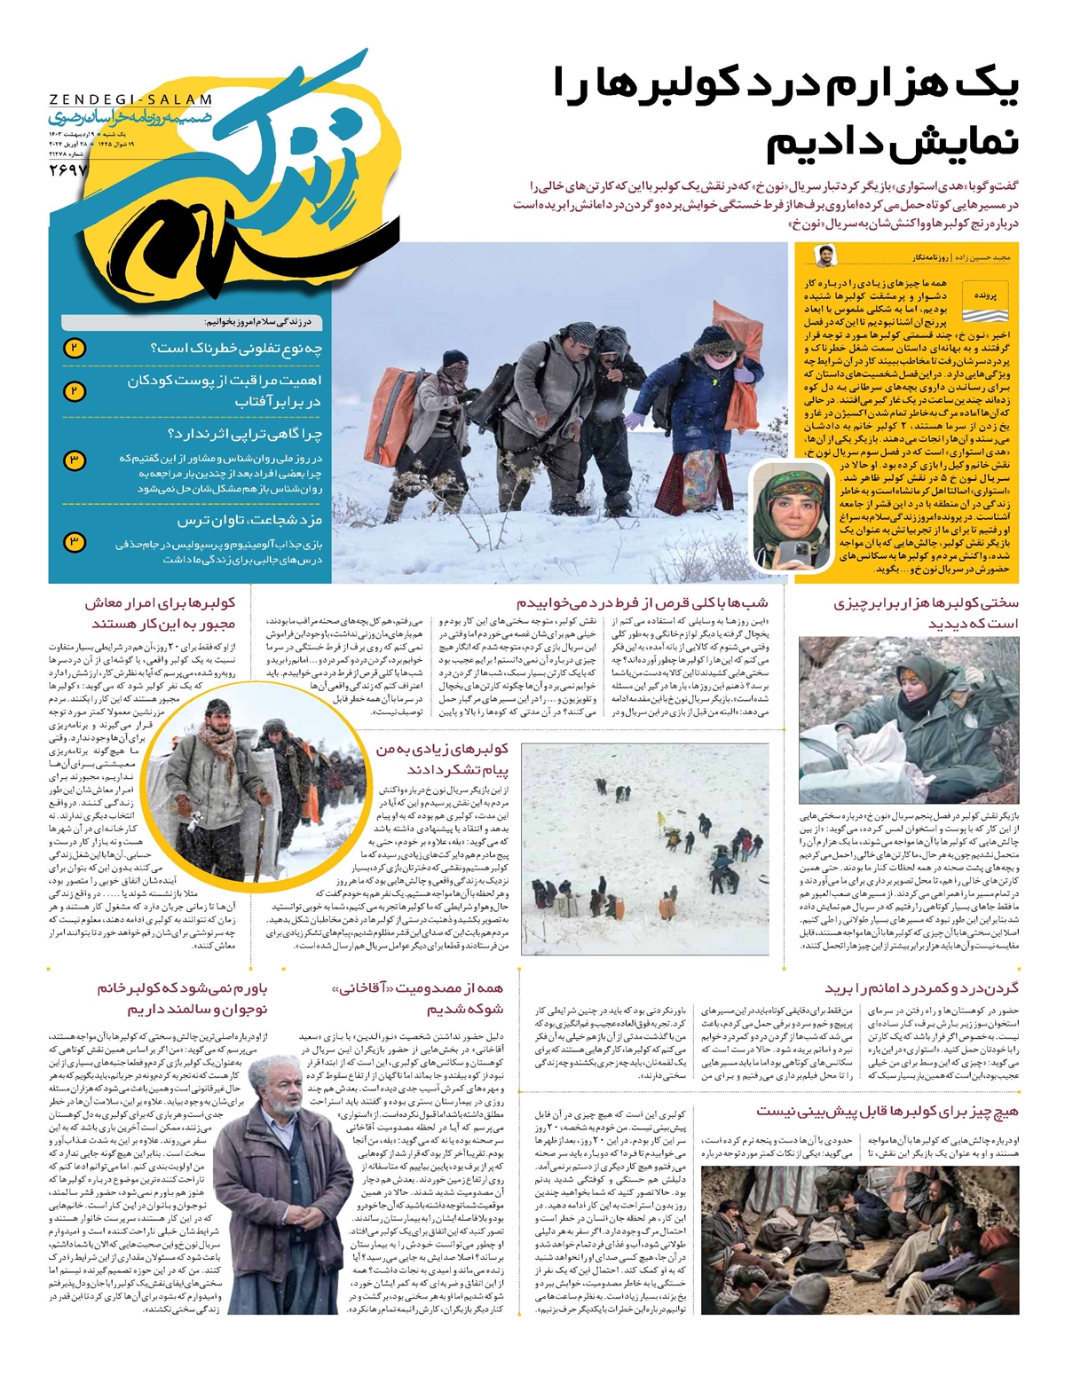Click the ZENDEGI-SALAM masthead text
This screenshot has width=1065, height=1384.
tap(130, 100)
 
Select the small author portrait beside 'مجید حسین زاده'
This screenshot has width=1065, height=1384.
tap(824, 255)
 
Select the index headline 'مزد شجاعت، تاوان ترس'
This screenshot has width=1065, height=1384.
tap(249, 520)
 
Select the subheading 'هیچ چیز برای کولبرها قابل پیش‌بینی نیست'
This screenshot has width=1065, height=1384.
tap(887, 1111)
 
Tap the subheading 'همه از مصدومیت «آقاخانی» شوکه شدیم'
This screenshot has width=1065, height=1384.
tap(416, 998)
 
